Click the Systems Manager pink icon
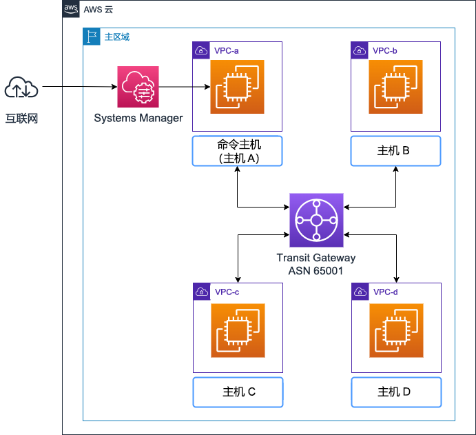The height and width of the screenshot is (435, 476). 138,87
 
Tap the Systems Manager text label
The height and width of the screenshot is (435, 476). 138,118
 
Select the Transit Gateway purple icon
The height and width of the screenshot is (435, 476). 316,221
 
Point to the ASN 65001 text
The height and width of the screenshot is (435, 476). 316,270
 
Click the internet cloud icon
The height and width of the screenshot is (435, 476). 21,89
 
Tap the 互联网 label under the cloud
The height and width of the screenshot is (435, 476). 21,119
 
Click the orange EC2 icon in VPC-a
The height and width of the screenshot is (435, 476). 237,87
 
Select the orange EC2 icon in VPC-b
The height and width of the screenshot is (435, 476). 395,87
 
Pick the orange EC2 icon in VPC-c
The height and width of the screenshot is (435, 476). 238,331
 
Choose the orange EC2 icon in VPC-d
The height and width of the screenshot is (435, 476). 396,331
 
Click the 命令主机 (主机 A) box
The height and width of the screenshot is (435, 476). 238,152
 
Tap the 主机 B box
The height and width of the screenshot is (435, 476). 395,152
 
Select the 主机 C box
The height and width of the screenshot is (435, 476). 238,392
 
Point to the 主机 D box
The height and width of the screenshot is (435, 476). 396,392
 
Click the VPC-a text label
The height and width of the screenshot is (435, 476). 227,51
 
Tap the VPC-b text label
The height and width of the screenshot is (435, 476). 385,51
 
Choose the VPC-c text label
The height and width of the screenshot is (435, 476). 227,292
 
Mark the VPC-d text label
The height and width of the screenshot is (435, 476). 386,292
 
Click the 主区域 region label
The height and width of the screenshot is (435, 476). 116,37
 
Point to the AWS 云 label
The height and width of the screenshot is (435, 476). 98,10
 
